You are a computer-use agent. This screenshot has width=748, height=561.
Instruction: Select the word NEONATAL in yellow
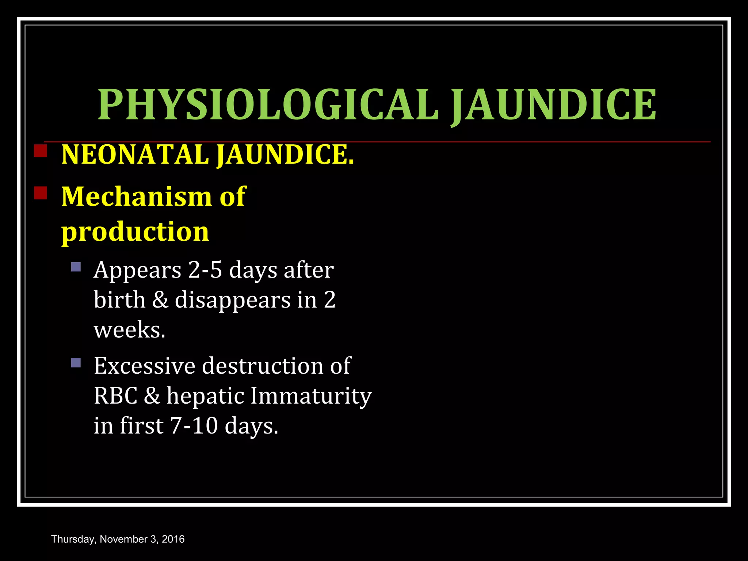point(135,154)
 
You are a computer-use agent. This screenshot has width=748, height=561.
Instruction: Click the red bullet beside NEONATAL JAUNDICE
point(40,151)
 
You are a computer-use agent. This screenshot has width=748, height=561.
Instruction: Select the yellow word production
point(135,232)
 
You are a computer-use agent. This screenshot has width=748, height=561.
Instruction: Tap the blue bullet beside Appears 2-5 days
point(76,267)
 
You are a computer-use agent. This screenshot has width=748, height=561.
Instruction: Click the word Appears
point(137,271)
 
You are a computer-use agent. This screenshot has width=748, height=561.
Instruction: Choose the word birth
point(119,300)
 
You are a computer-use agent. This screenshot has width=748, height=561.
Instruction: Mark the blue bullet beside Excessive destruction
point(76,363)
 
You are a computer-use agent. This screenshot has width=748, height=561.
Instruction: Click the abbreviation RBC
point(115,396)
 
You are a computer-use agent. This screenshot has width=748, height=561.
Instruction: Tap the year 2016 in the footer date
point(173,539)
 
